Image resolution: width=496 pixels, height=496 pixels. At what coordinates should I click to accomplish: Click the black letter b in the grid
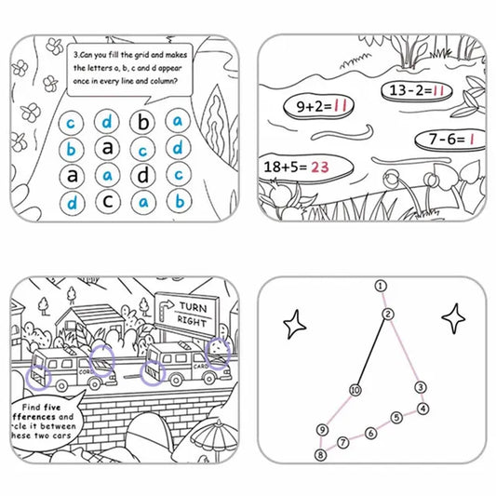[x=143, y=121]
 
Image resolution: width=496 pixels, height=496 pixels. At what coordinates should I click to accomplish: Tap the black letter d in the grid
[x=143, y=174]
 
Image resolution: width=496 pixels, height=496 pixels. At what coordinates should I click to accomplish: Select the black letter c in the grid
[x=108, y=200]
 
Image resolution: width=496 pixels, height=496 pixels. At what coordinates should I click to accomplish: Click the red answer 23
[x=321, y=168]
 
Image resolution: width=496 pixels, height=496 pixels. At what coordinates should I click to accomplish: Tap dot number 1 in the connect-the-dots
[x=380, y=286]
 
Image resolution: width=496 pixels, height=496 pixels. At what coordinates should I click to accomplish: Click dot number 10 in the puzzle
[x=355, y=390]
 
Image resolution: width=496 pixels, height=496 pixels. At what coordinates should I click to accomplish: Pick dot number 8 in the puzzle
[x=320, y=455]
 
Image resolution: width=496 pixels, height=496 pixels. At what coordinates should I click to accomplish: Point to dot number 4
[x=422, y=409]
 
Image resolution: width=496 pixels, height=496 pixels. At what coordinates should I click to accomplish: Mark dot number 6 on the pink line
[x=370, y=433]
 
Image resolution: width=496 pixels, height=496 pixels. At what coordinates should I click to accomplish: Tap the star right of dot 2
[x=454, y=319]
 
